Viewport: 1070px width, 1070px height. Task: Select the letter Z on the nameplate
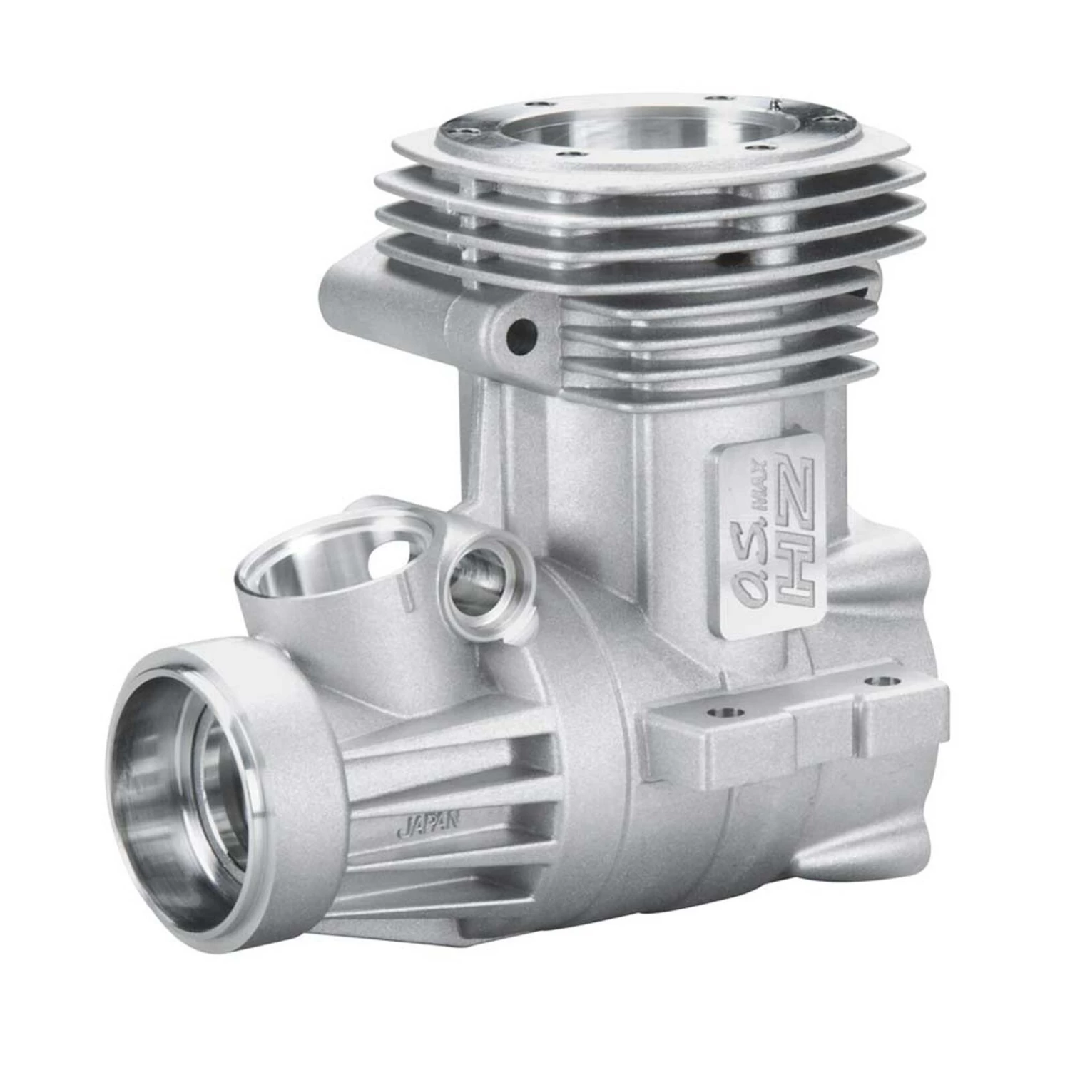point(794,493)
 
